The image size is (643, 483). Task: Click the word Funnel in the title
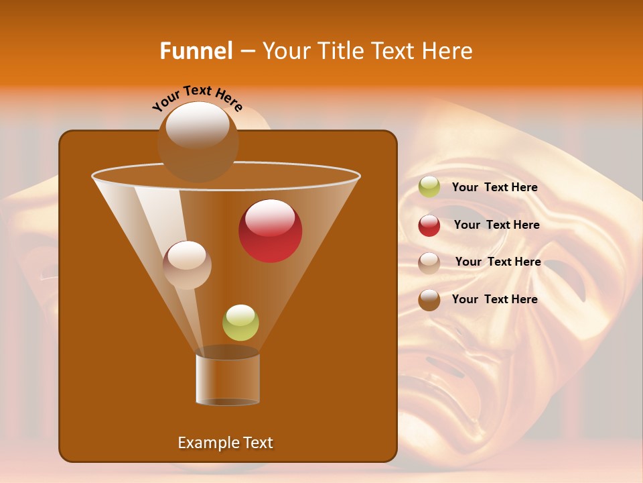(x=196, y=51)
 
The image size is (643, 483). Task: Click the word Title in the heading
(x=340, y=51)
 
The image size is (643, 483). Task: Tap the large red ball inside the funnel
(x=271, y=231)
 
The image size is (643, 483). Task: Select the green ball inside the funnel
(x=240, y=323)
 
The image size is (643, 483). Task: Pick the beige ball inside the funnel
(x=188, y=265)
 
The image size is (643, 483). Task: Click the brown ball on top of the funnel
(x=198, y=141)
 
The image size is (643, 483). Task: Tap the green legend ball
(x=429, y=187)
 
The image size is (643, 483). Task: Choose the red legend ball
(x=429, y=225)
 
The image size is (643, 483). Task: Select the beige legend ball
(x=429, y=262)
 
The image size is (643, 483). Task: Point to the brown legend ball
(x=429, y=300)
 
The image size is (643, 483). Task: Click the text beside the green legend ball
(x=494, y=188)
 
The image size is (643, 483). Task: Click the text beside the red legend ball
(x=496, y=225)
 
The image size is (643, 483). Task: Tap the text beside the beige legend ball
(x=498, y=262)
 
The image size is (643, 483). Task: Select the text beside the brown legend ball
(x=494, y=299)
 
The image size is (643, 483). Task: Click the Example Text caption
(x=226, y=443)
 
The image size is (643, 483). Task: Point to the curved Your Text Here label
(x=197, y=99)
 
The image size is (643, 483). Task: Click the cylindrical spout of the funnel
(x=228, y=379)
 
